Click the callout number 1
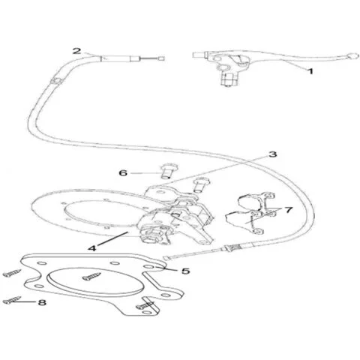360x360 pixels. pyautogui.click(x=310, y=71)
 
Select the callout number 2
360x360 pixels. pyautogui.click(x=76, y=51)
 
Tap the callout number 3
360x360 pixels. pyautogui.click(x=272, y=154)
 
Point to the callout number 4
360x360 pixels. pyautogui.click(x=92, y=248)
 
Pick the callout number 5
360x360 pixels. pyautogui.click(x=185, y=271)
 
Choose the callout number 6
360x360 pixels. pyautogui.click(x=123, y=172)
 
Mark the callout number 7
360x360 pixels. pyautogui.click(x=289, y=210)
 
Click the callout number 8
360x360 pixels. pyautogui.click(x=42, y=302)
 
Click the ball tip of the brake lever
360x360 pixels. pyautogui.click(x=352, y=55)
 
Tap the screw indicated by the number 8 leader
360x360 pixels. pyautogui.click(x=12, y=300)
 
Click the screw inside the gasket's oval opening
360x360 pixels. pyautogui.click(x=91, y=277)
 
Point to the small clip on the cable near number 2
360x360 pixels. pyautogui.click(x=56, y=81)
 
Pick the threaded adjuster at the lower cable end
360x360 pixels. pyautogui.click(x=232, y=248)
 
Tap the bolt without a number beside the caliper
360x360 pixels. pyautogui.click(x=200, y=185)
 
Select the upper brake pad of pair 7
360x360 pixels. pyautogui.click(x=256, y=201)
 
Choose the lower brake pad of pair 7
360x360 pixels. pyautogui.click(x=246, y=221)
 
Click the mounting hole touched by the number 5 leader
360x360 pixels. pyautogui.click(x=149, y=267)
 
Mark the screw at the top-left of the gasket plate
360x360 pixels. pyautogui.click(x=12, y=273)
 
